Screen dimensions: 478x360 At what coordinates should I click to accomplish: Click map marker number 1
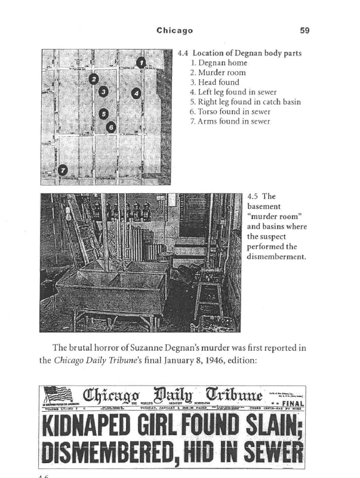[x=140, y=61]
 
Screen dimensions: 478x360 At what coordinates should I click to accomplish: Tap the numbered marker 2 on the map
[x=93, y=78]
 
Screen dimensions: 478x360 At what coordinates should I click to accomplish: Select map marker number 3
[x=104, y=91]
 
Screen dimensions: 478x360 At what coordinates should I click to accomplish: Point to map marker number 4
[x=136, y=92]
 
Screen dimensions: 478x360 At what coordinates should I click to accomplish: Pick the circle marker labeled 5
[x=103, y=114]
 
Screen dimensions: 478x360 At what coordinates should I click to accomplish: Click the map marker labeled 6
[x=110, y=127]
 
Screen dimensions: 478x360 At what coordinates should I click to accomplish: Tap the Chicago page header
[x=174, y=30]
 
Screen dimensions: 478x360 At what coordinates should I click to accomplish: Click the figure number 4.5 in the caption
[x=253, y=196]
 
